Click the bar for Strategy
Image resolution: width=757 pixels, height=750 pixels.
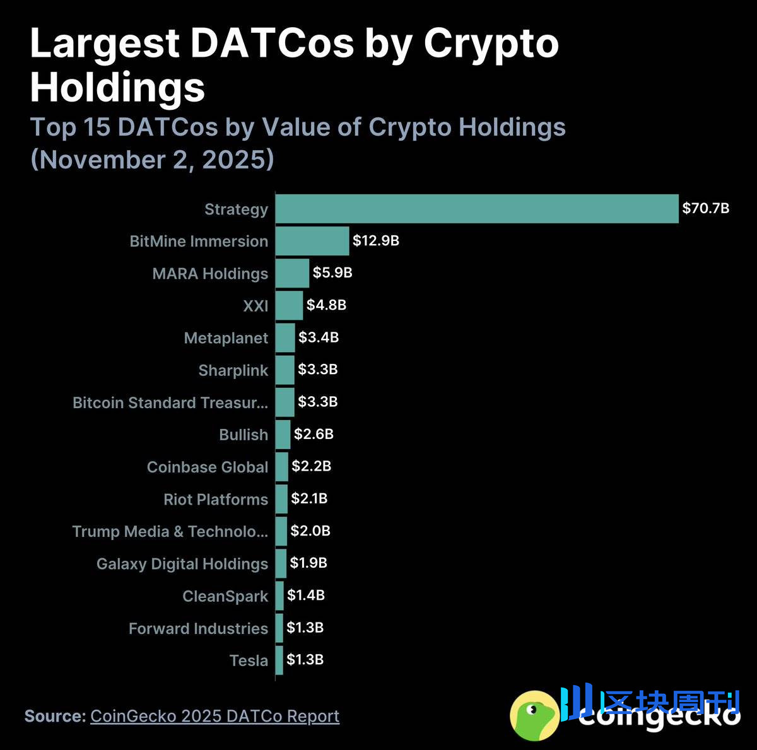(x=477, y=209)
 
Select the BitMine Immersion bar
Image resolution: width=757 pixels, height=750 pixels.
(x=312, y=241)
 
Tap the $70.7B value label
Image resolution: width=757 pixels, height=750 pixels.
(x=705, y=208)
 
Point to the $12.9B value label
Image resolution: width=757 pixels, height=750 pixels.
(x=375, y=240)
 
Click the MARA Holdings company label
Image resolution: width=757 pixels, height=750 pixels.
(x=210, y=274)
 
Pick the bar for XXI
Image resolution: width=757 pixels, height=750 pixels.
(x=289, y=305)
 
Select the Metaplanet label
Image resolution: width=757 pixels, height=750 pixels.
(x=226, y=338)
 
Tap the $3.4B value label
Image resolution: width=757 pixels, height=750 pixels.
(x=319, y=337)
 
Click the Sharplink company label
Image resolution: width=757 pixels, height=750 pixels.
(x=233, y=370)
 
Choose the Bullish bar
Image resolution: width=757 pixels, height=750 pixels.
(x=283, y=434)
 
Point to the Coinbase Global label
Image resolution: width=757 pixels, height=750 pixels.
(x=207, y=467)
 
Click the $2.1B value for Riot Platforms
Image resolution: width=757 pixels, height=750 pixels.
(x=309, y=498)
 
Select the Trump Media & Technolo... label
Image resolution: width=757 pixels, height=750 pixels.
(x=170, y=531)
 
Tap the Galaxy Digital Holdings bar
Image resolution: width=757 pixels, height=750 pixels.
(x=281, y=563)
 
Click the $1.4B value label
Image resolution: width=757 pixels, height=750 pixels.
(x=305, y=595)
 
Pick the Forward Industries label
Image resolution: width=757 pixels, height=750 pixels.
(x=198, y=628)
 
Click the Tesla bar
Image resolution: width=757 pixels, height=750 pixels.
(x=279, y=660)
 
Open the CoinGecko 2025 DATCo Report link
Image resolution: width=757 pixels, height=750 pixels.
(x=214, y=716)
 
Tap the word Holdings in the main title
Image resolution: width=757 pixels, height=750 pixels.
(x=117, y=87)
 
